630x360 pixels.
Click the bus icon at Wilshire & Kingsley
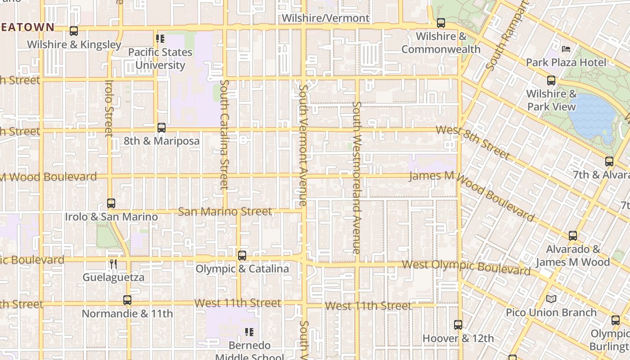[x=74, y=31]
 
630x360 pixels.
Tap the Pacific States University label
[x=160, y=58]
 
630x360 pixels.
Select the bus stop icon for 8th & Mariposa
[x=162, y=128]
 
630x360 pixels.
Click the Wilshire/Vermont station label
[x=325, y=18]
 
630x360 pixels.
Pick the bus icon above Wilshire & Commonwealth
[x=441, y=22]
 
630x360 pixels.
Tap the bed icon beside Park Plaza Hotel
[x=567, y=49]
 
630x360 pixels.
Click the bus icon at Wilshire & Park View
[x=551, y=81]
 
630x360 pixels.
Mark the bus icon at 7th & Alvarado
[x=609, y=162]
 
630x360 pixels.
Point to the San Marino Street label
[x=225, y=211]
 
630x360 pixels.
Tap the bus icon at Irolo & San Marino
[x=111, y=203]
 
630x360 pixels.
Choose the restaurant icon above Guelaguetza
[x=113, y=264]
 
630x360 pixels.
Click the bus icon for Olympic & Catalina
[x=242, y=256]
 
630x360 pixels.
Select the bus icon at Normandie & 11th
[x=127, y=300]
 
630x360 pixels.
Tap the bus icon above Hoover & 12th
[x=458, y=324]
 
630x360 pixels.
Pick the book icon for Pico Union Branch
[x=551, y=299]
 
